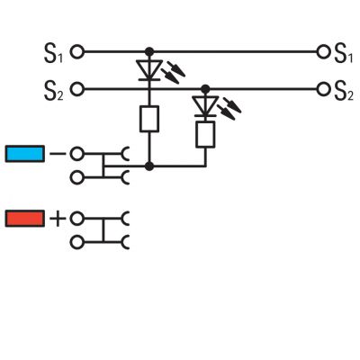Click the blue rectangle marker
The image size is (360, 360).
pyautogui.click(x=25, y=154)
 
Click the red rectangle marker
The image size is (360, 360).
pyautogui.click(x=25, y=218)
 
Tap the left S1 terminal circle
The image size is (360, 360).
pyautogui.click(x=77, y=52)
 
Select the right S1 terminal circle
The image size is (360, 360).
pyautogui.click(x=323, y=52)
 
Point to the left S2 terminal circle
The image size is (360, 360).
pyautogui.click(x=77, y=89)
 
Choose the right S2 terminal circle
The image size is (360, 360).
pyautogui.click(x=323, y=89)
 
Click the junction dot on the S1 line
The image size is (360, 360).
pyautogui.click(x=149, y=52)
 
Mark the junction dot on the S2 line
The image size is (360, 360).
pyautogui.click(x=205, y=89)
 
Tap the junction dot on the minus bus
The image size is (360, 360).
pyautogui.click(x=149, y=166)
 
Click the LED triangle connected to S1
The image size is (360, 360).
pyautogui.click(x=149, y=69)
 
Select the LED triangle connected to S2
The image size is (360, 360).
pyautogui.click(x=205, y=106)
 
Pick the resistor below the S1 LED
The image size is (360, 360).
pyautogui.click(x=149, y=119)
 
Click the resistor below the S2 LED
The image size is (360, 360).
pyautogui.click(x=205, y=134)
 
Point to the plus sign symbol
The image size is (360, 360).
pyautogui.click(x=58, y=219)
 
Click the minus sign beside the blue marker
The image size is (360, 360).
pyautogui.click(x=58, y=154)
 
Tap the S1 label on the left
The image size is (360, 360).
pyautogui.click(x=54, y=53)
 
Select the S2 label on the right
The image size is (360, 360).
pyautogui.click(x=344, y=91)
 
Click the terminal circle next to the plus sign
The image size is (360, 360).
pyautogui.click(x=77, y=219)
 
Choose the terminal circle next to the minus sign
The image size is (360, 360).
pyautogui.click(x=77, y=154)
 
